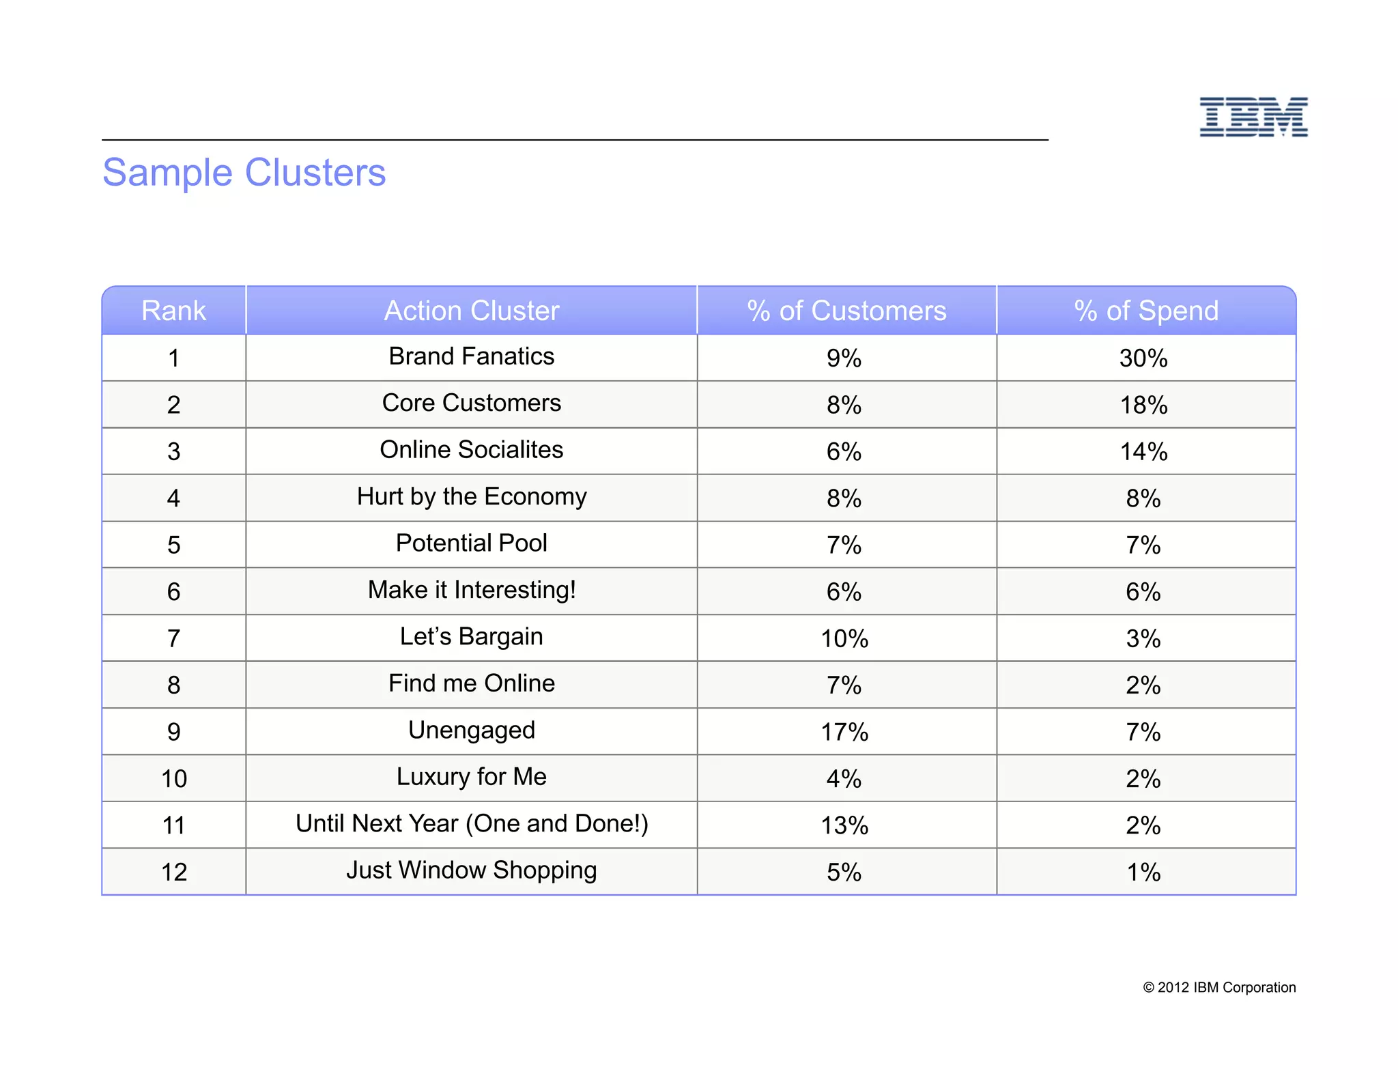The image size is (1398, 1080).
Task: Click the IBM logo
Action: [1253, 117]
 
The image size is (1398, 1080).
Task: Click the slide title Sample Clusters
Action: [244, 172]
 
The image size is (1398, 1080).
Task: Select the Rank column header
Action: [173, 311]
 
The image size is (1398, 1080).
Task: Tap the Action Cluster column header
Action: [471, 311]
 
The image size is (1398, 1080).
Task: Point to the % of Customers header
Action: [846, 311]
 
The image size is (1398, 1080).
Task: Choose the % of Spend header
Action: [1146, 311]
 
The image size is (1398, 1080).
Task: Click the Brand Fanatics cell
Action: [471, 356]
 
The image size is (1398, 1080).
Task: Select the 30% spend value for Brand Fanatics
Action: [1143, 358]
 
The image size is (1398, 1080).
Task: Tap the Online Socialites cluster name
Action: [471, 450]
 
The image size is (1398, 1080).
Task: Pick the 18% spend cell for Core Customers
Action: [1143, 406]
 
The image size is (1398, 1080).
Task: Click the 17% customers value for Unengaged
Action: [844, 733]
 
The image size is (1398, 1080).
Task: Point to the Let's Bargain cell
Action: [471, 637]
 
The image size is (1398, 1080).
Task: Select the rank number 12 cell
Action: [173, 872]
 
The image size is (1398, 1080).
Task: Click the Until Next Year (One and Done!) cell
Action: [471, 824]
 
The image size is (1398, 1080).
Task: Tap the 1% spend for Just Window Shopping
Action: [1143, 872]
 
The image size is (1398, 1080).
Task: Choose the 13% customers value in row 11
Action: [844, 826]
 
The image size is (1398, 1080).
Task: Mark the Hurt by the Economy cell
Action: [471, 497]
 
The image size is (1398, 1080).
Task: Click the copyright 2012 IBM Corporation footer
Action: [1219, 988]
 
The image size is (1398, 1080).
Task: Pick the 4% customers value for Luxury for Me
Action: [844, 779]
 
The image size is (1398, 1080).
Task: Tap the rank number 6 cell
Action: [173, 592]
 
